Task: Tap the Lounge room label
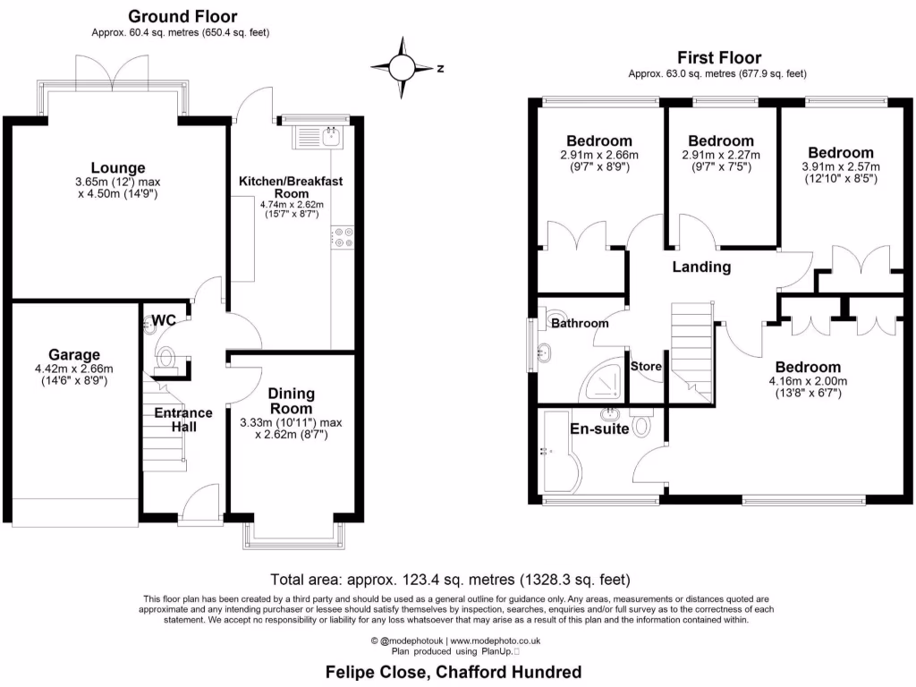tap(117, 167)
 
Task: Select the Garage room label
tap(74, 354)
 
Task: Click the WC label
tap(164, 320)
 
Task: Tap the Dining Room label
tap(291, 399)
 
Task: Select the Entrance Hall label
tap(183, 420)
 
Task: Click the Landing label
tap(702, 267)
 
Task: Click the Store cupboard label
tap(646, 366)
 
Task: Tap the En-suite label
tap(599, 428)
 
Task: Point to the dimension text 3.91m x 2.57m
tap(841, 166)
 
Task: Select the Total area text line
tap(456, 579)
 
